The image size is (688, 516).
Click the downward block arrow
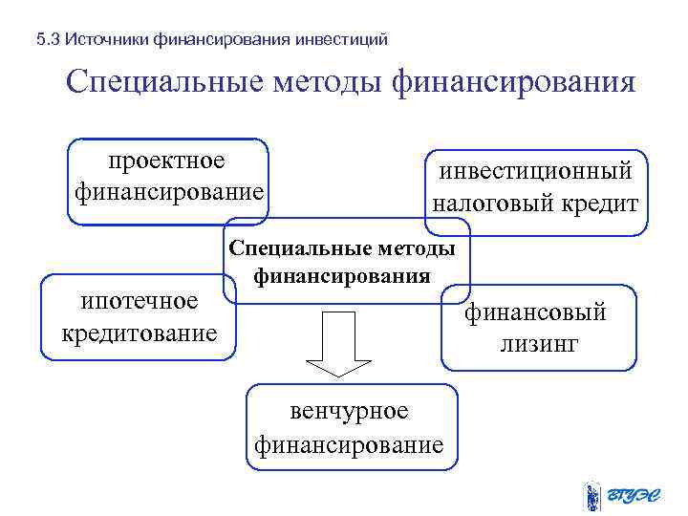(338, 344)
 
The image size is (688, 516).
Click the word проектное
(167, 159)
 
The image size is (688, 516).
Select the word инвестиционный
(536, 171)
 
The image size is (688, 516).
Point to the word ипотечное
(140, 301)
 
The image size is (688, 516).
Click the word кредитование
(140, 334)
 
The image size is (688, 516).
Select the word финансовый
(536, 312)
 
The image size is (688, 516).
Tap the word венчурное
(349, 411)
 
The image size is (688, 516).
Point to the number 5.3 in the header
(48, 40)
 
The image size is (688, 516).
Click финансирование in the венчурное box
(349, 444)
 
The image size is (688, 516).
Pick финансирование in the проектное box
(168, 191)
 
